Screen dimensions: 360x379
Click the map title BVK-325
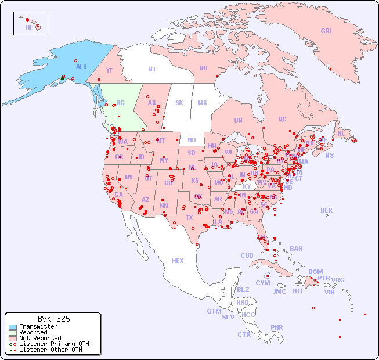coord(53,319)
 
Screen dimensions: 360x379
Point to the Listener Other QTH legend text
coord(50,350)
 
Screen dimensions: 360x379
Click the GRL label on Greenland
coord(327,31)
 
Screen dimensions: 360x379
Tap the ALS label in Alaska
coord(81,67)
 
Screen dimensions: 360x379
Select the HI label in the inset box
coord(28,27)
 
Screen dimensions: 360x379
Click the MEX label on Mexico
coord(178,261)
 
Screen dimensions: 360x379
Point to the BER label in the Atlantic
coord(327,210)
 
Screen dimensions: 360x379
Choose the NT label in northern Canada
coord(152,69)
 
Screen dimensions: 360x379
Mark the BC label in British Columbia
coord(121,103)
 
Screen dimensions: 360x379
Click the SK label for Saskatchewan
coord(179,103)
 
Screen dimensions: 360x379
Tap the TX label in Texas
coord(189,218)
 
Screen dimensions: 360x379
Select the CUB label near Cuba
coord(247,255)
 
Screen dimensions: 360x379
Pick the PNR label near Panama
coord(277,327)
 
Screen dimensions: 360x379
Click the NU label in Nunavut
coord(203,68)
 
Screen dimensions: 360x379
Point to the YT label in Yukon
coord(109,70)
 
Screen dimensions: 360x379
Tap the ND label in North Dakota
coord(192,140)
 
